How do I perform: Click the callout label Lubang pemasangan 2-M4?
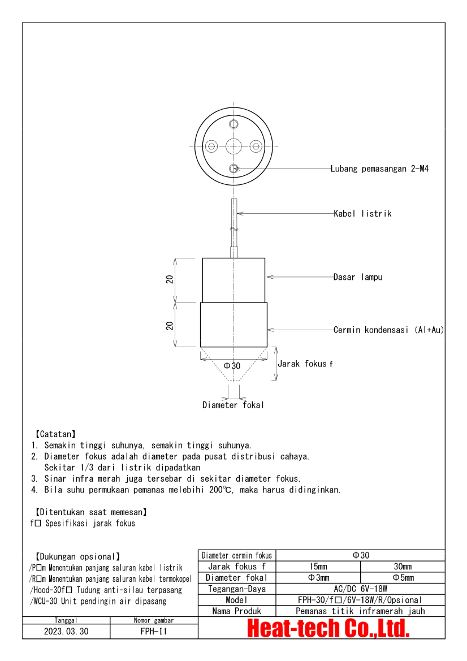(379, 169)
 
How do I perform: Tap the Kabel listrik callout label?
(362, 214)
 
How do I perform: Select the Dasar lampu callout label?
(358, 277)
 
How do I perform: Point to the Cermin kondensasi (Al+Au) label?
(388, 330)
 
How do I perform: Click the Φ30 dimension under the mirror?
(232, 366)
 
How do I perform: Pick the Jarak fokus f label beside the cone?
(305, 364)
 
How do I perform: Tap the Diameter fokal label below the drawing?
(233, 405)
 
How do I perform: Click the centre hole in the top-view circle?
(233, 146)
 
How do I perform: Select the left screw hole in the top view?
(211, 146)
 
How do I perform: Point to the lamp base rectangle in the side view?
(233, 280)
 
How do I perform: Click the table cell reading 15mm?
(318, 567)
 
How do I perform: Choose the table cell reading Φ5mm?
(403, 578)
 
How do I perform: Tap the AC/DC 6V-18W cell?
(360, 589)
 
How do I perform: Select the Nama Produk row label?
(237, 611)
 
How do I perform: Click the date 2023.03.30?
(66, 632)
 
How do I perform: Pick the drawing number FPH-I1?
(154, 632)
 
